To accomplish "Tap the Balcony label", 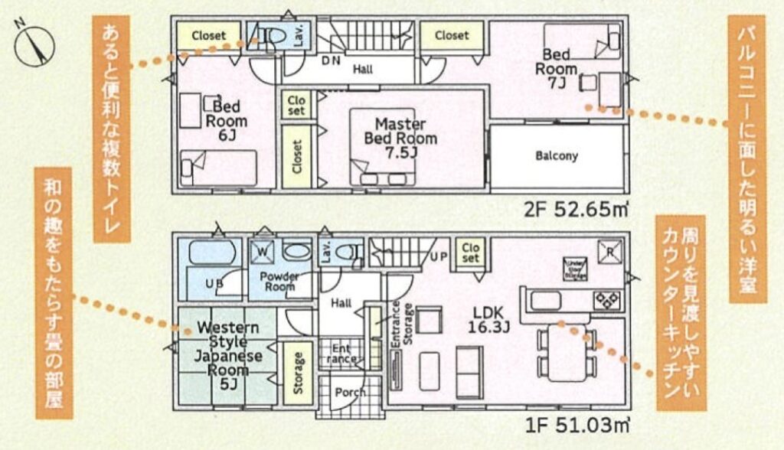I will tap(557, 156).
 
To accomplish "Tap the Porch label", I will tap(351, 392).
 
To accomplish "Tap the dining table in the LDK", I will tap(566, 351).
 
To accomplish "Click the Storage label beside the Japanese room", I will tap(297, 373).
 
